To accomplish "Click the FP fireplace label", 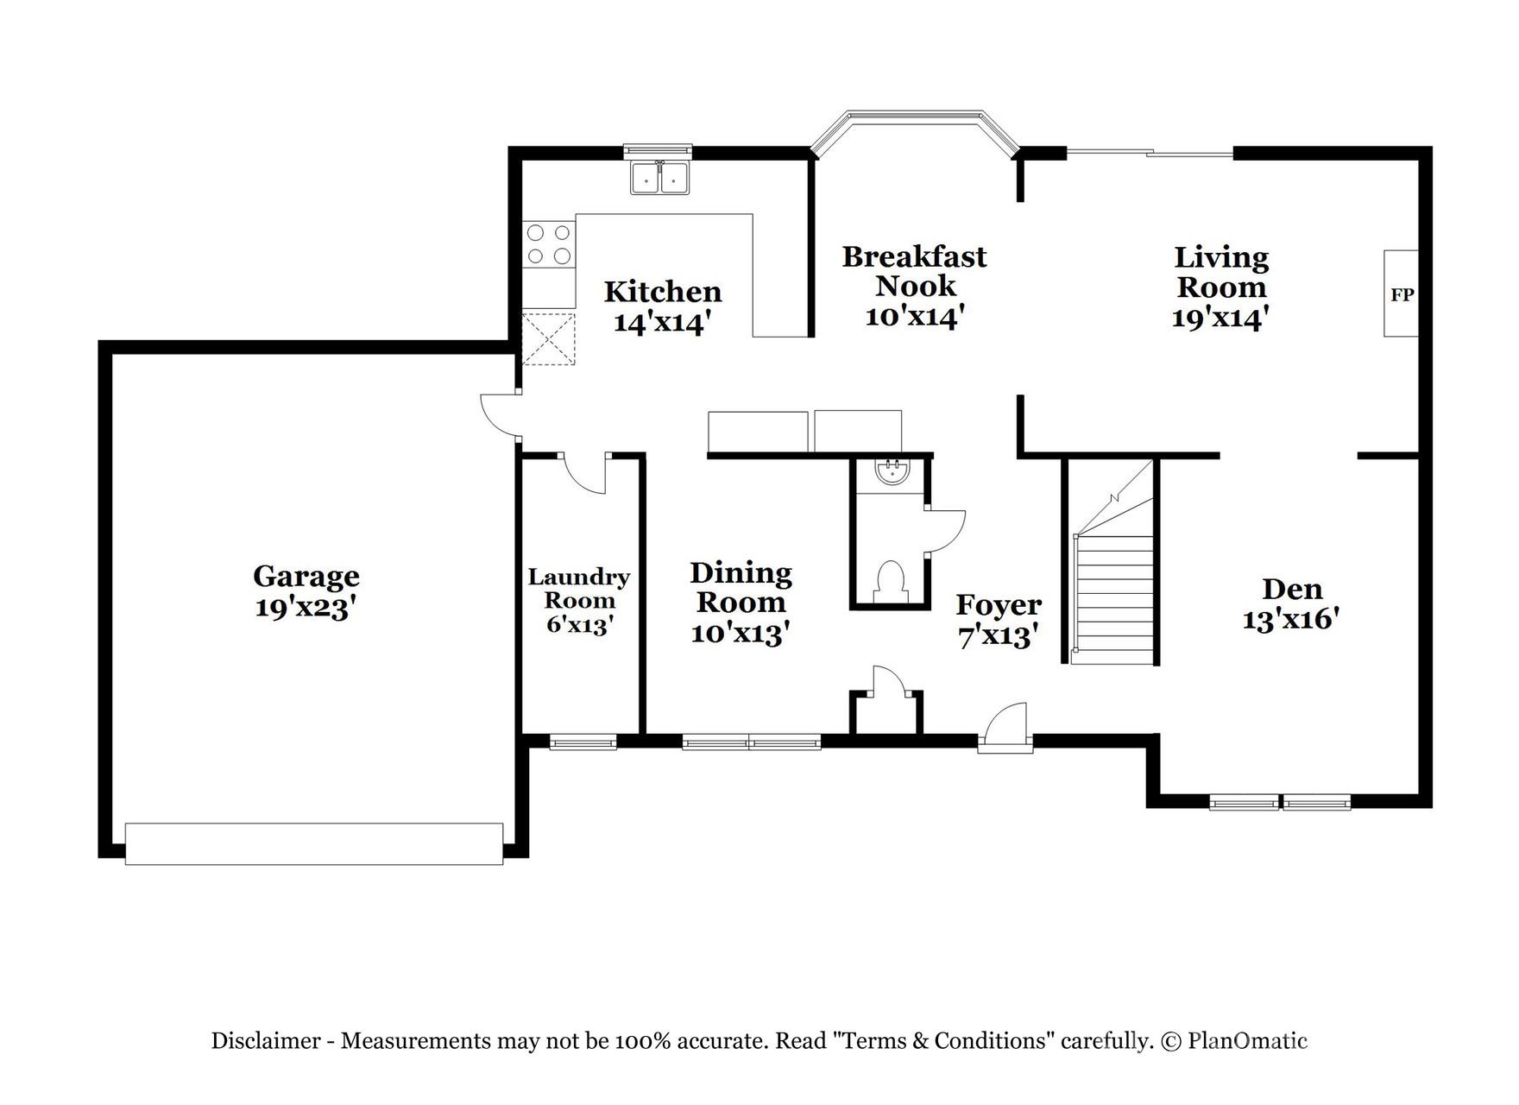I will (x=1402, y=294).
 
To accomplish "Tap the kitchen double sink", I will (x=660, y=178).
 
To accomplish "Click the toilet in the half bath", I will (x=889, y=579).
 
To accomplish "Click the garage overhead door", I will (x=314, y=843).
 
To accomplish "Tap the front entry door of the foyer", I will (x=1006, y=728).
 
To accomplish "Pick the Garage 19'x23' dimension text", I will (x=306, y=608).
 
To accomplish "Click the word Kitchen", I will (x=662, y=292).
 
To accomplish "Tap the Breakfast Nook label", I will (x=914, y=271).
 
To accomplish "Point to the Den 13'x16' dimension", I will (x=1290, y=619).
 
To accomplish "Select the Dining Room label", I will (x=741, y=587).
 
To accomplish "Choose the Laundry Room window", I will (x=583, y=742).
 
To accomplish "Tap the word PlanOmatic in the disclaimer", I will (x=1247, y=1041).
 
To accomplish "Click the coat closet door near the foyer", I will (x=887, y=682).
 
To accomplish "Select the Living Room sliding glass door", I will (x=1150, y=154).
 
